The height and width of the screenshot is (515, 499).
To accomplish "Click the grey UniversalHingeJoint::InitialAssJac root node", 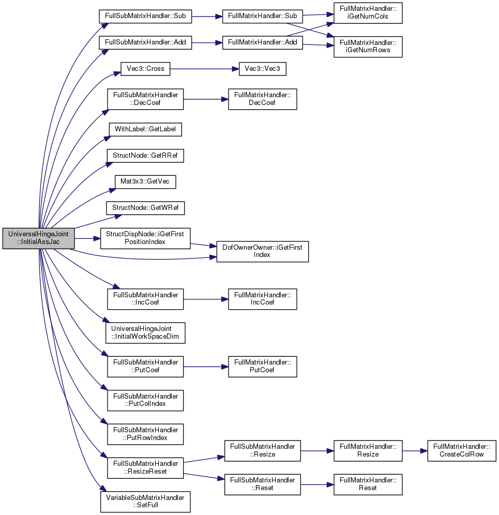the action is click(38, 238).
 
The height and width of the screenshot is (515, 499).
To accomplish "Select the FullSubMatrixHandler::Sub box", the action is click(145, 16).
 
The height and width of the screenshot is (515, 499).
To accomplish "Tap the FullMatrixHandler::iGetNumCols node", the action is click(368, 13).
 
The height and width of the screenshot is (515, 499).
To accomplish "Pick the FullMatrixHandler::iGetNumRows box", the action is click(368, 47).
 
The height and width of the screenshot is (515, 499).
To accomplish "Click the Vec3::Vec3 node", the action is click(263, 69).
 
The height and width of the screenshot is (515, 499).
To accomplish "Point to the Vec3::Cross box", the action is click(145, 69).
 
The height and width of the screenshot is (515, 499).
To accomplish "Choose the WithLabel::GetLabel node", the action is click(145, 129).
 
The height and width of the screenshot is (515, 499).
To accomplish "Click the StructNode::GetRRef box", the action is click(145, 156).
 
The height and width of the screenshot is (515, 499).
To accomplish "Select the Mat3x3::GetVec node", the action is click(145, 182).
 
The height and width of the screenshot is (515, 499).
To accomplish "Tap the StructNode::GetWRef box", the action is click(145, 208).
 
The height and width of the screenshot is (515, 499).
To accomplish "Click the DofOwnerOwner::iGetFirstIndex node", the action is click(263, 251).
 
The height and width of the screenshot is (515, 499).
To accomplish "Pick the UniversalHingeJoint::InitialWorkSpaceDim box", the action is click(145, 332).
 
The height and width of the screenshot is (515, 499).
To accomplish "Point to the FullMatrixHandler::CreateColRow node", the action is click(462, 451).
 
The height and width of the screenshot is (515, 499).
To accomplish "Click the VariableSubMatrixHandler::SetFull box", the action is click(145, 502).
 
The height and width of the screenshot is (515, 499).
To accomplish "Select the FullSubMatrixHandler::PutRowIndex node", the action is click(145, 434).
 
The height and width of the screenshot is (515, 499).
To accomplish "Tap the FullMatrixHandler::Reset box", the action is click(368, 484).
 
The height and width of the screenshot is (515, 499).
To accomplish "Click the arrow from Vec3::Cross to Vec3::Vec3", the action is click(204, 69).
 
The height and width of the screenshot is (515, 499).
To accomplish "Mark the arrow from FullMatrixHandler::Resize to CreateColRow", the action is click(415, 451).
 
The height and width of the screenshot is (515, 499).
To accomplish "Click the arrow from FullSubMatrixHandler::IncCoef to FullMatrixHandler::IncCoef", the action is click(206, 299).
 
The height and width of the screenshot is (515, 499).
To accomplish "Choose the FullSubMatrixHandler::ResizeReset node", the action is click(145, 468).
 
